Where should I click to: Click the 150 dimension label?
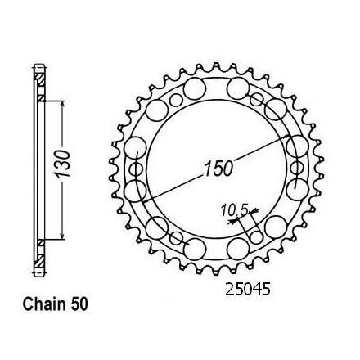[218, 169]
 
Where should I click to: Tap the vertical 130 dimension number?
[62, 164]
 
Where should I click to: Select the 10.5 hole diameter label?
[234, 210]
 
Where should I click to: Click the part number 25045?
[247, 289]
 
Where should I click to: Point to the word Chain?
[44, 304]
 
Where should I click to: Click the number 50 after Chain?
[79, 304]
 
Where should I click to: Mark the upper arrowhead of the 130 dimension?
[62, 106]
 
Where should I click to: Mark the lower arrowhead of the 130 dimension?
[62, 236]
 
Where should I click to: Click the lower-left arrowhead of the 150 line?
[146, 200]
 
